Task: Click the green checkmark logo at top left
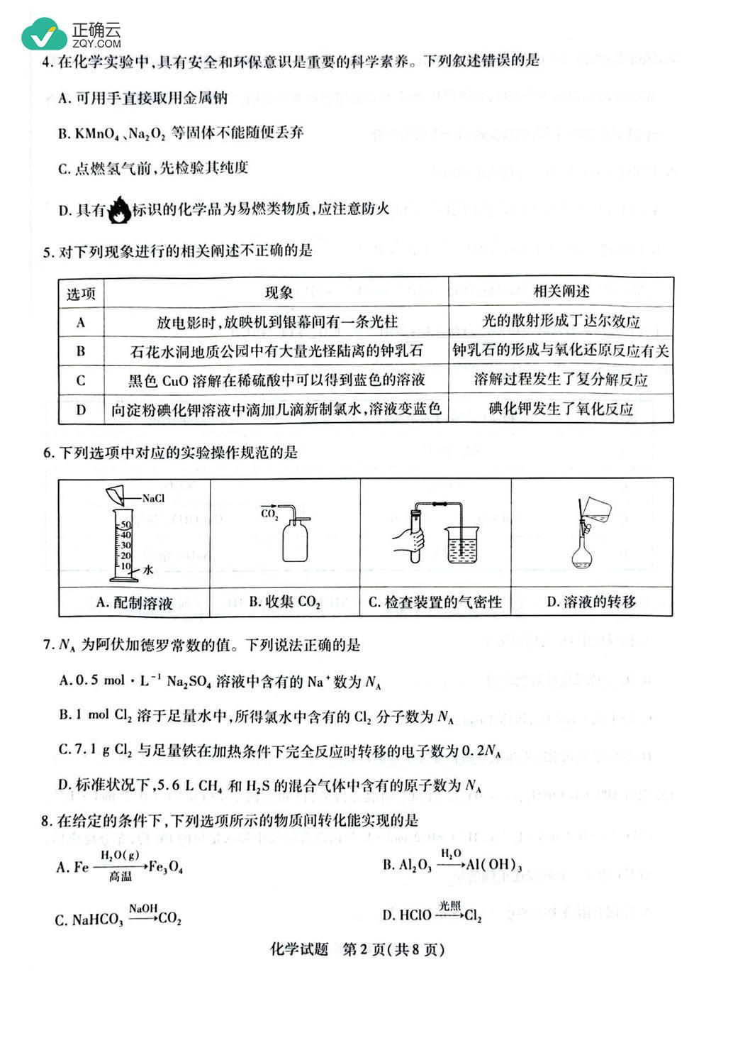coord(44,33)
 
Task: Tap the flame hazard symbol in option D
coord(119,209)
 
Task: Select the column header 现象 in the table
coord(279,292)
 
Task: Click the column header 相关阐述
coord(561,291)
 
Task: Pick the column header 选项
coord(81,294)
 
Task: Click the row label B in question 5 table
coord(81,350)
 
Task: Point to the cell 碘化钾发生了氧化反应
coord(561,409)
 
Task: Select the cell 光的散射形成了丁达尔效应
coord(561,321)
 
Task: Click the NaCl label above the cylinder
coord(153,498)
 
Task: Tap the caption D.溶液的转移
coord(591,602)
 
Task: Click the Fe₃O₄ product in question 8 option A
coord(167,867)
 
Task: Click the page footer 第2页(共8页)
coord(393,949)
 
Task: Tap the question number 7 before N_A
coord(47,645)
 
